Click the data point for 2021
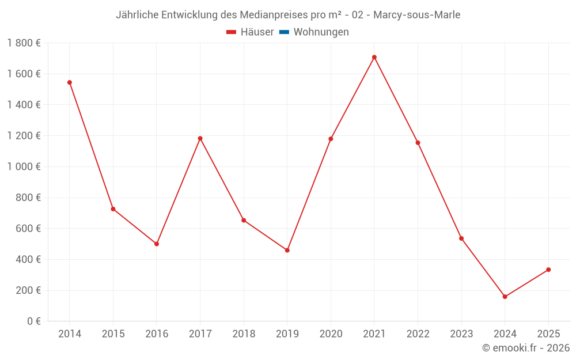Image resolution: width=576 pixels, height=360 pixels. tap(374, 57)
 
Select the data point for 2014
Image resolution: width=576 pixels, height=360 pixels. tap(70, 82)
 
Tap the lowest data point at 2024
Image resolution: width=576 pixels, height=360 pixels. tap(505, 297)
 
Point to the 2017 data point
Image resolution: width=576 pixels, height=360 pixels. tap(200, 138)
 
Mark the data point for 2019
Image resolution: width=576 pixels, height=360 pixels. tap(287, 250)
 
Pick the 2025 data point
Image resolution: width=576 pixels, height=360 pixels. tap(548, 270)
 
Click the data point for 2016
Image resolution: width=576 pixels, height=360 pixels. tap(157, 244)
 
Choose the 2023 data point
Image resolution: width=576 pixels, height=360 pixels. tap(461, 238)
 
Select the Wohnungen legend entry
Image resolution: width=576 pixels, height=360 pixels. tap(321, 32)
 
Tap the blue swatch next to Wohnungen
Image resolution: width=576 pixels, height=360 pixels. tap(284, 32)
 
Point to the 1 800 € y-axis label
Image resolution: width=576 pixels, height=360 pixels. tap(24, 43)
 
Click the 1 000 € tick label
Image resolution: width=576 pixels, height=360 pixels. tap(24, 166)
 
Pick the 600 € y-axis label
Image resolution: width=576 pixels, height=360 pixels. tap(27, 229)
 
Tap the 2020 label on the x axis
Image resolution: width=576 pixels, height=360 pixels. tap(331, 334)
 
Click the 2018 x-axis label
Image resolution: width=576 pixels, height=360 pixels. tap(244, 334)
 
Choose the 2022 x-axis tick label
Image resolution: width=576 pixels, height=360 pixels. tap(418, 334)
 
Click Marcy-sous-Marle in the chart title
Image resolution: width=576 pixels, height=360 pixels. tap(416, 15)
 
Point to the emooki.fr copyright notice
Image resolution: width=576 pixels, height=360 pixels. tap(525, 348)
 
